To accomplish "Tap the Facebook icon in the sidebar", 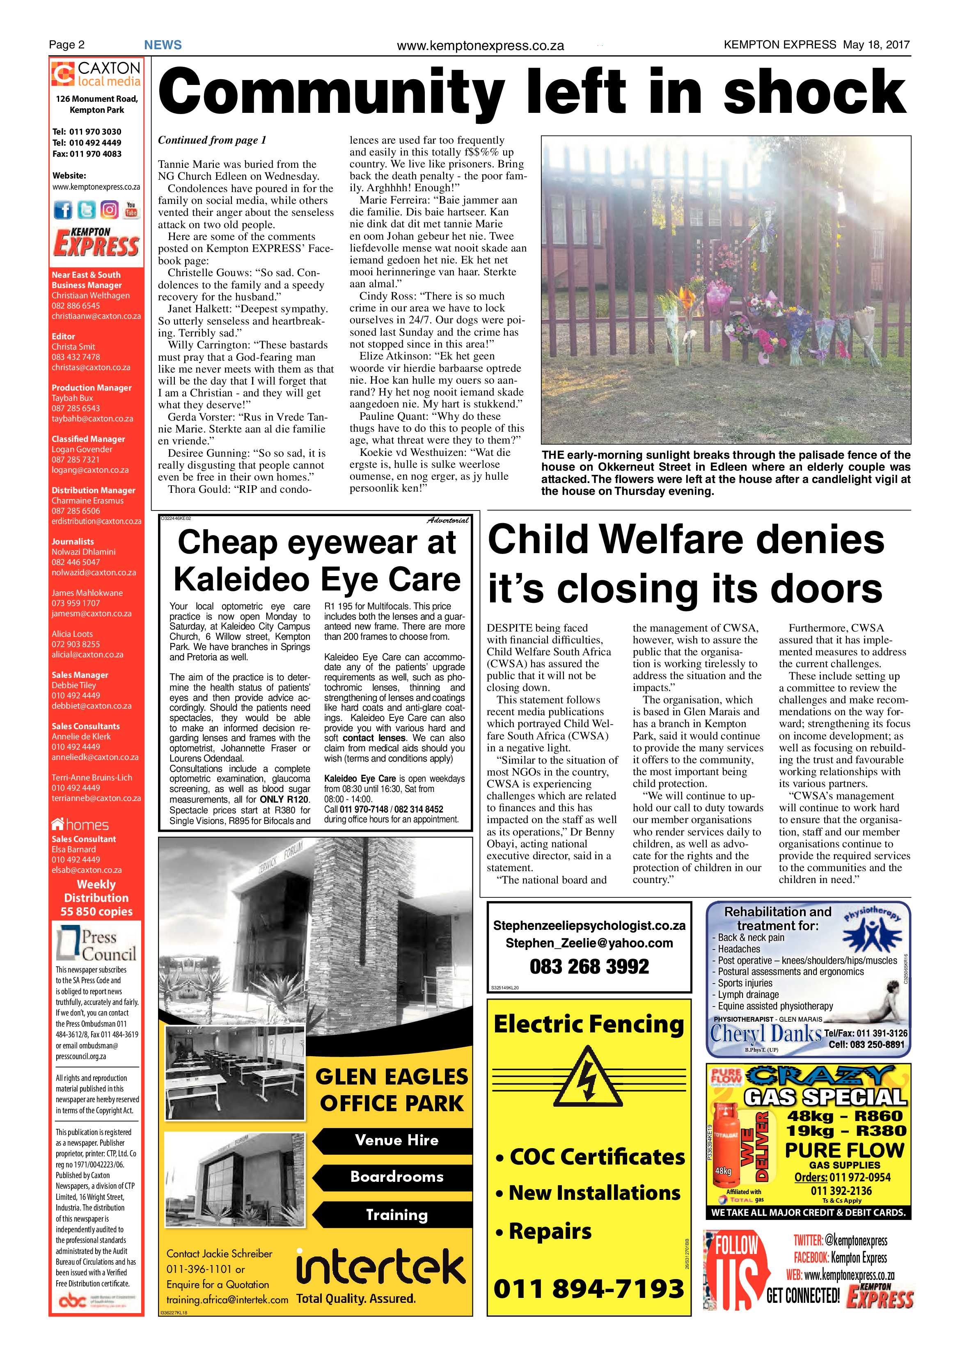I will [63, 210].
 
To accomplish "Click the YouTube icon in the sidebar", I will [131, 210].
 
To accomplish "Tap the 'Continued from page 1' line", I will [212, 140].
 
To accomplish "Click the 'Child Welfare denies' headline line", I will [686, 540].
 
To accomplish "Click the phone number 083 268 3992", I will [589, 966].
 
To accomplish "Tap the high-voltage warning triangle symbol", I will [588, 1080].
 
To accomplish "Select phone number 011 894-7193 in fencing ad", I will [589, 1288].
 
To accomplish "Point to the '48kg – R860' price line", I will [844, 1116].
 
